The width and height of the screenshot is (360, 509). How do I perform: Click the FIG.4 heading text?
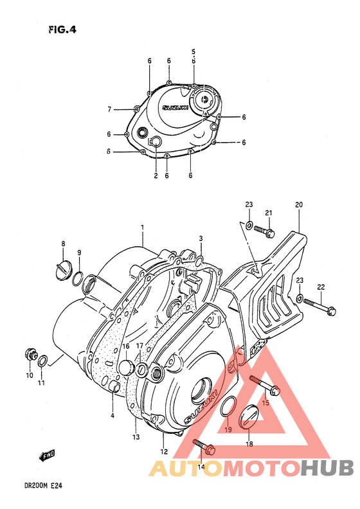(x=61, y=28)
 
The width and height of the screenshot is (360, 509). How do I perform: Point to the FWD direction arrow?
(x=46, y=457)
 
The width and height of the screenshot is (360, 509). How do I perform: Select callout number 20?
(x=298, y=205)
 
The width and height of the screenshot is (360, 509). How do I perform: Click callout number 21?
(x=269, y=213)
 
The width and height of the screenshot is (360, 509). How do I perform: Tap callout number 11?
(x=41, y=384)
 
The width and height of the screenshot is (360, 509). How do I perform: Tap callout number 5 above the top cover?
(x=193, y=51)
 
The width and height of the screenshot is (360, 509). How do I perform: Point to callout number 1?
(x=142, y=227)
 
